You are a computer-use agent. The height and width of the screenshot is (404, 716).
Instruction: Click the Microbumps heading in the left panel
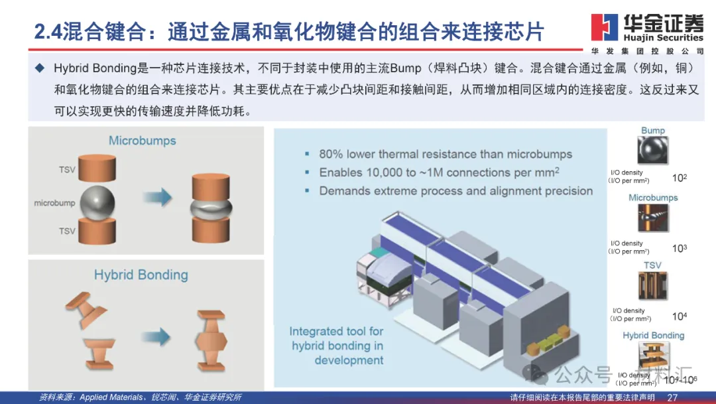tap(143, 141)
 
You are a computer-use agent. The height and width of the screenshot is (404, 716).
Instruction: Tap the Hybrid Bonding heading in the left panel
tap(141, 275)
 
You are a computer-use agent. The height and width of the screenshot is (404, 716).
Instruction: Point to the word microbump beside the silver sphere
tap(54, 203)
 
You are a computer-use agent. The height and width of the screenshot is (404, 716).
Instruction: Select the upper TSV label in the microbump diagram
tap(67, 170)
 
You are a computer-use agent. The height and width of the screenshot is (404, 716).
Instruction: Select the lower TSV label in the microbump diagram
tap(67, 231)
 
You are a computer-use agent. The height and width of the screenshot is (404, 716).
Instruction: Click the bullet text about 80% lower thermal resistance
tap(445, 154)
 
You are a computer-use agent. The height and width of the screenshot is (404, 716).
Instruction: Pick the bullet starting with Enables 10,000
tap(440, 172)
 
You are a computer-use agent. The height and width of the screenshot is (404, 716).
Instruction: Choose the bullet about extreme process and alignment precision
tap(455, 191)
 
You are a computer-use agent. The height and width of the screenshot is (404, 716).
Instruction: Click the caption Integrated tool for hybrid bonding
tap(336, 346)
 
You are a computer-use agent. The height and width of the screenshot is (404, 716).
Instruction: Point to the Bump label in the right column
tap(653, 131)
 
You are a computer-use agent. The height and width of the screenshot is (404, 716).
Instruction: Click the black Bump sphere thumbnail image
tap(654, 151)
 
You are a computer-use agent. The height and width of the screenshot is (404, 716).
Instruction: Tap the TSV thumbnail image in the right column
tap(653, 286)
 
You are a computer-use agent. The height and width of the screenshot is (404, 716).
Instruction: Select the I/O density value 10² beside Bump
tap(679, 178)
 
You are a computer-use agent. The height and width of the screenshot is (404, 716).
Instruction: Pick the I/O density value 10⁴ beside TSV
tap(679, 316)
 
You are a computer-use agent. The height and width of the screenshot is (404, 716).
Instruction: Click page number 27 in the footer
tap(672, 397)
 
